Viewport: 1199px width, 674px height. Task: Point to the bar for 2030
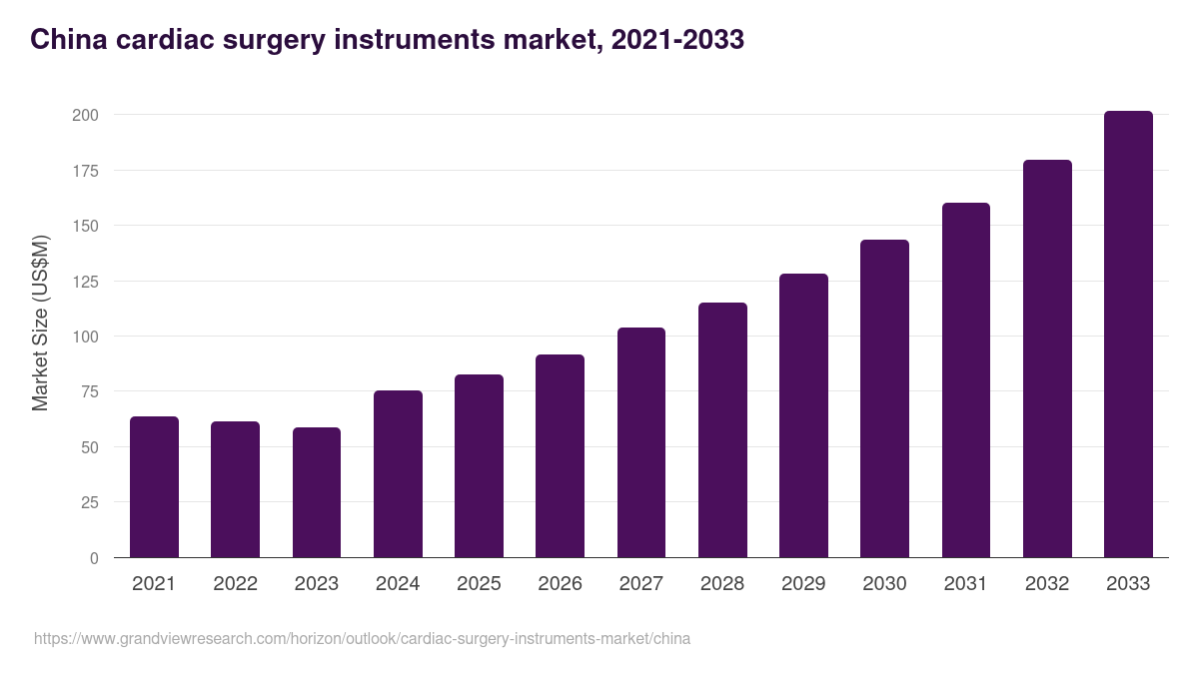pyautogui.click(x=884, y=398)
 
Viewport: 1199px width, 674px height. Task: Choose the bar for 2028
pyautogui.click(x=722, y=430)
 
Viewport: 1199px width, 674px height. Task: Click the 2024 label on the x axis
pyautogui.click(x=398, y=584)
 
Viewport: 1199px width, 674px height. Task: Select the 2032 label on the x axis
pyautogui.click(x=1047, y=584)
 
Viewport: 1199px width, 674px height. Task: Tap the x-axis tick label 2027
pyautogui.click(x=640, y=584)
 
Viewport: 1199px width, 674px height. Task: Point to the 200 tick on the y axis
pyautogui.click(x=85, y=115)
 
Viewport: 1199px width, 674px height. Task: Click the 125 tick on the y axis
pyautogui.click(x=85, y=282)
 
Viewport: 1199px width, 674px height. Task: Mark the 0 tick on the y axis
pyautogui.click(x=94, y=558)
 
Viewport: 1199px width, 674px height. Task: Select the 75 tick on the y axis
pyautogui.click(x=89, y=391)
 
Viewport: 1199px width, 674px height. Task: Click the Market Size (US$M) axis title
pyautogui.click(x=40, y=324)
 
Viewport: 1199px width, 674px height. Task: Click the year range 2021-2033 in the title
pyautogui.click(x=677, y=40)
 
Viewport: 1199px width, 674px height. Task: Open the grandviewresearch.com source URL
pyautogui.click(x=362, y=638)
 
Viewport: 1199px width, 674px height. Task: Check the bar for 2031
pyautogui.click(x=965, y=380)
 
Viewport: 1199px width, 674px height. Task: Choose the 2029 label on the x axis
pyautogui.click(x=803, y=584)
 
